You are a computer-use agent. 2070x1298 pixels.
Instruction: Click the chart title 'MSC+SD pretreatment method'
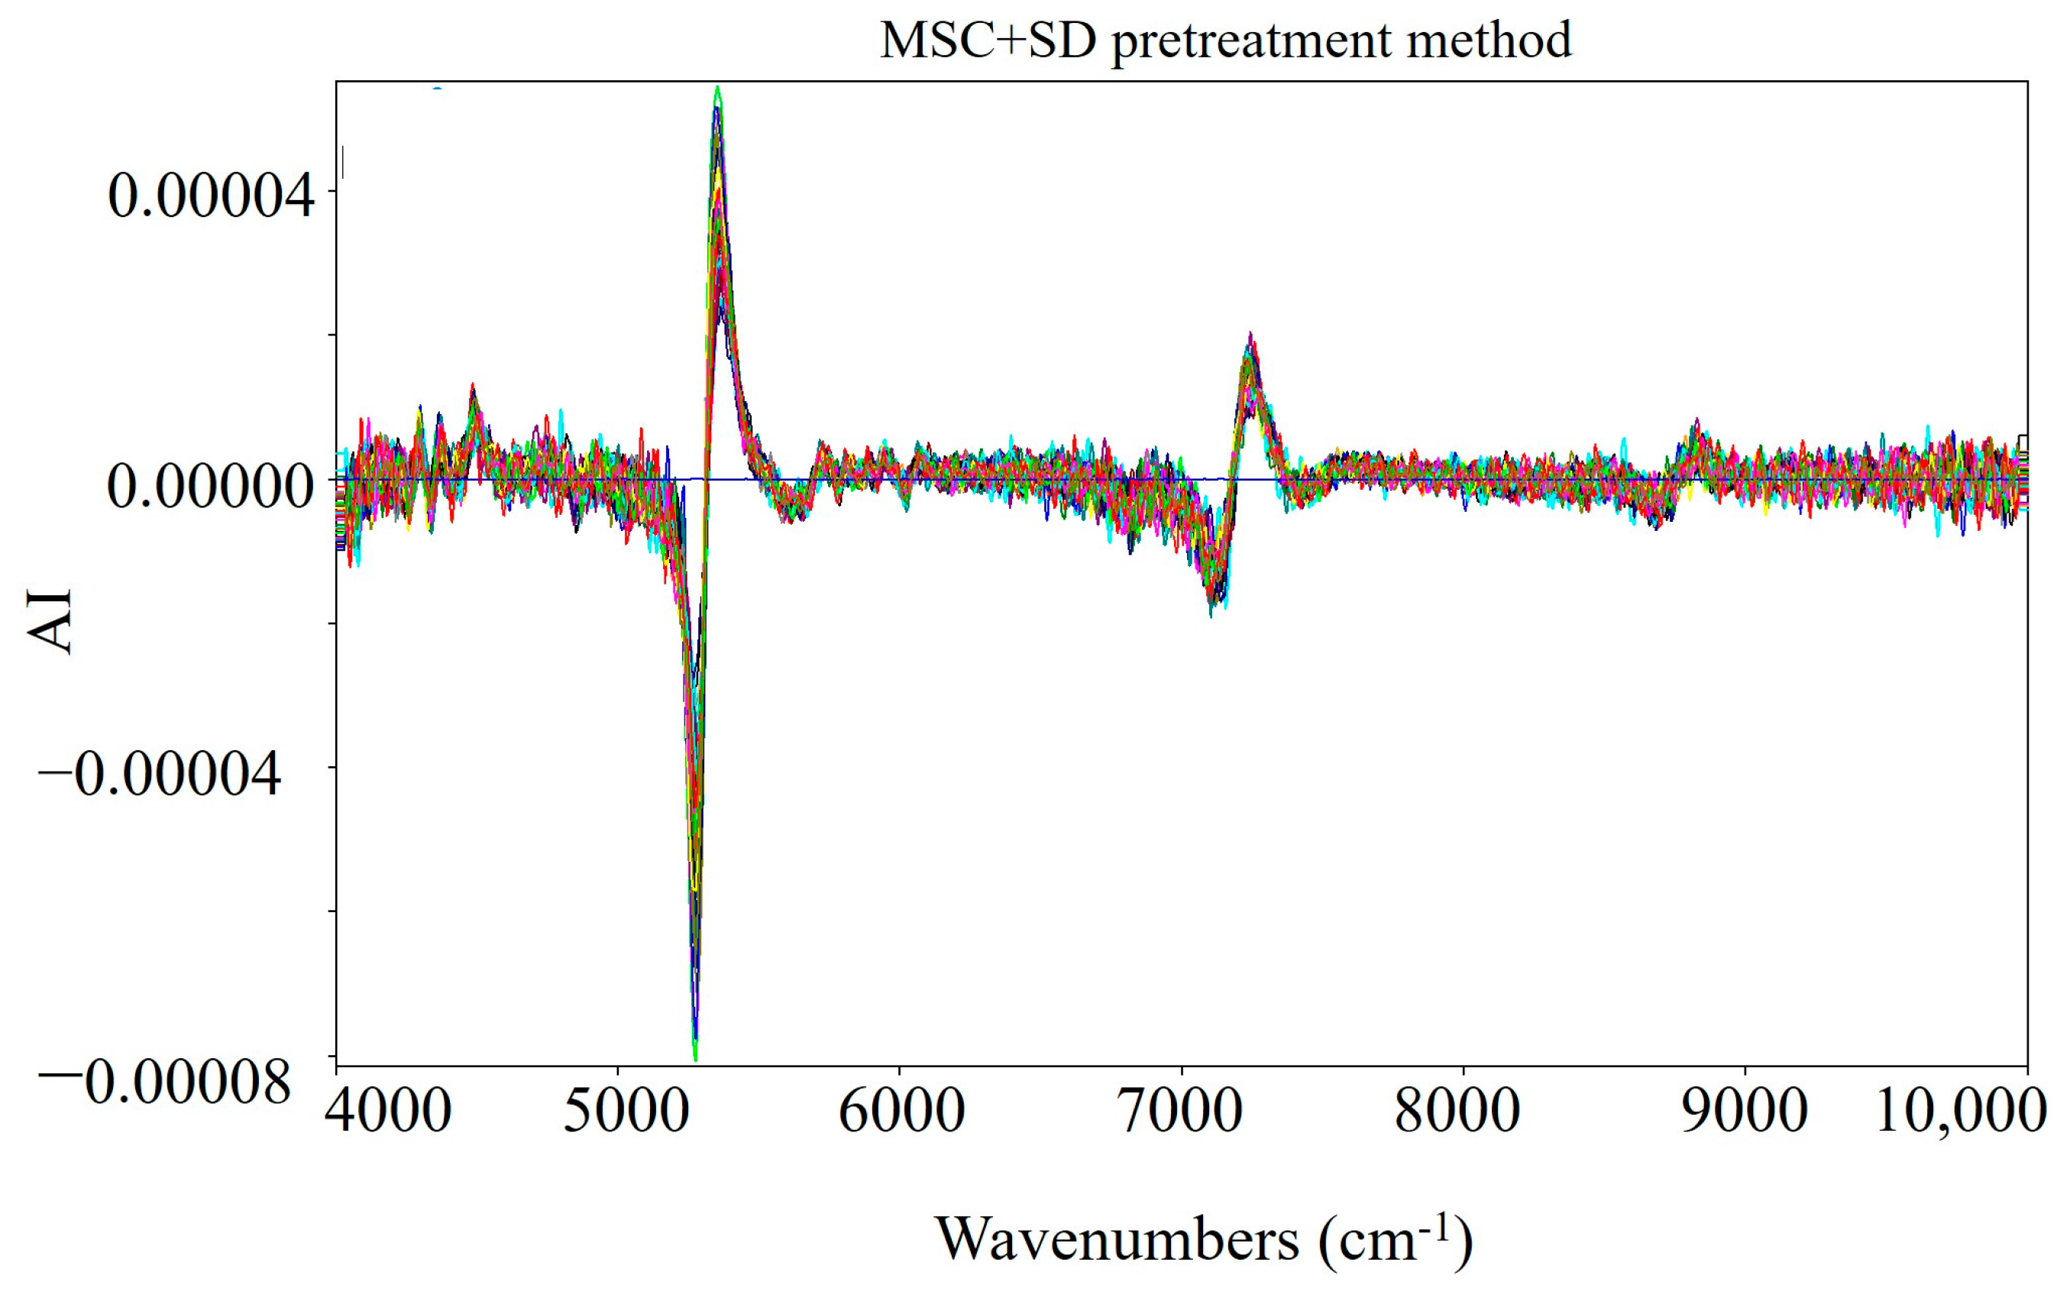point(1225,40)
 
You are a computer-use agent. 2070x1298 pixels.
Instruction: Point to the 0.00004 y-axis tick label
point(211,196)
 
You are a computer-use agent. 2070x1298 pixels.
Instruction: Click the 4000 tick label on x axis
point(388,1112)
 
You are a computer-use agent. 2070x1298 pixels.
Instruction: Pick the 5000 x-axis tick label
point(626,1112)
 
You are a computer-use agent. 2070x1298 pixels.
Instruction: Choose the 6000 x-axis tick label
point(901,1112)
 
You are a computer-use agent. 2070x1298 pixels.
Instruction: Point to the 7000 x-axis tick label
point(1182,1112)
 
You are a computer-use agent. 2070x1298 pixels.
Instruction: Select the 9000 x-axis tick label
point(1744,1112)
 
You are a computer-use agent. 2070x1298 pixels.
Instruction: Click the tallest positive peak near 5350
point(717,90)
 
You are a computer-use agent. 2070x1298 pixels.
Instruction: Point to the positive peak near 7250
point(1250,336)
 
